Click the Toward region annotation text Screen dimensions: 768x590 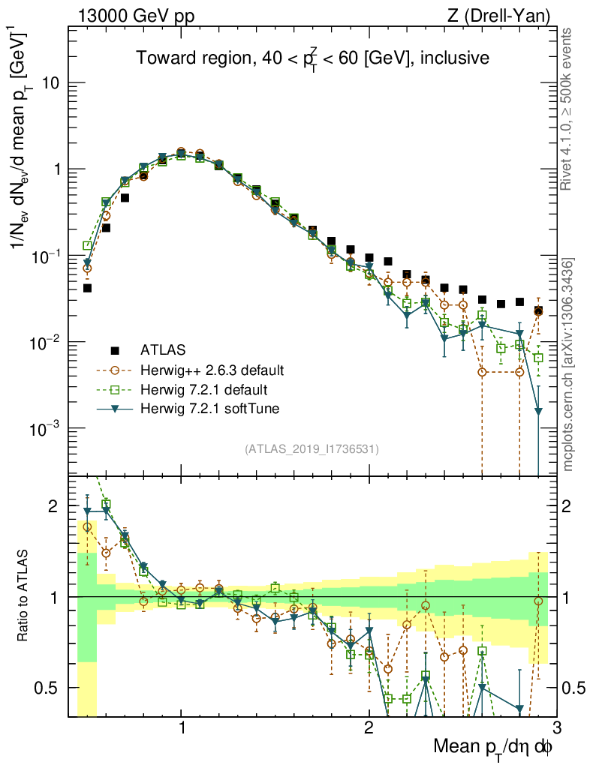pos(312,58)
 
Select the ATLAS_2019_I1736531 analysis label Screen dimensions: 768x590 pos(312,449)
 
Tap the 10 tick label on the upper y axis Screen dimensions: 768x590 pos(51,83)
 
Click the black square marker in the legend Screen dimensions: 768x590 pos(115,349)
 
